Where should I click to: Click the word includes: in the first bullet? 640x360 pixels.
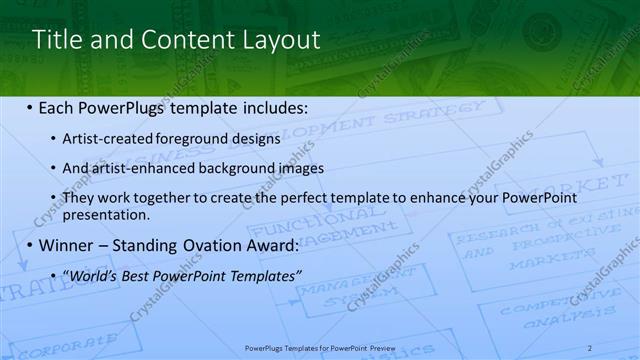pyautogui.click(x=271, y=107)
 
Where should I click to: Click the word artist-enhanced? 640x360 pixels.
pyautogui.click(x=135, y=168)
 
